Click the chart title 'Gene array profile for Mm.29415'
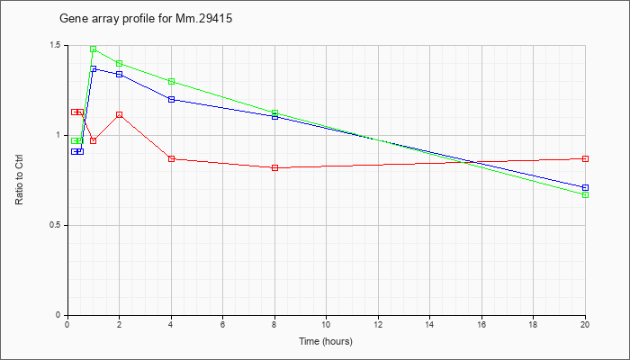tap(146, 19)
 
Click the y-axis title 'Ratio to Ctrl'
tap(19, 180)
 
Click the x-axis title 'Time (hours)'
tap(326, 341)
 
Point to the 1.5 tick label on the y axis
tap(60, 45)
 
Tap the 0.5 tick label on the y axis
tap(60, 225)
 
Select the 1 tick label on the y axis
tap(63, 135)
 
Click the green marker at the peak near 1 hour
tap(94, 49)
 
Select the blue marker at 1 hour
tap(94, 68)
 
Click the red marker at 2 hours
tap(120, 115)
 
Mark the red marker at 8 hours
tap(274, 167)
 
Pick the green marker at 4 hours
tap(172, 82)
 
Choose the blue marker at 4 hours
tap(172, 99)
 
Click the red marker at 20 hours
tap(585, 158)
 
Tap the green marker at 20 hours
tap(585, 195)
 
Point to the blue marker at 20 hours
tap(585, 187)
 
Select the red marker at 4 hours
tap(172, 158)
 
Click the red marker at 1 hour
tap(94, 140)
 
